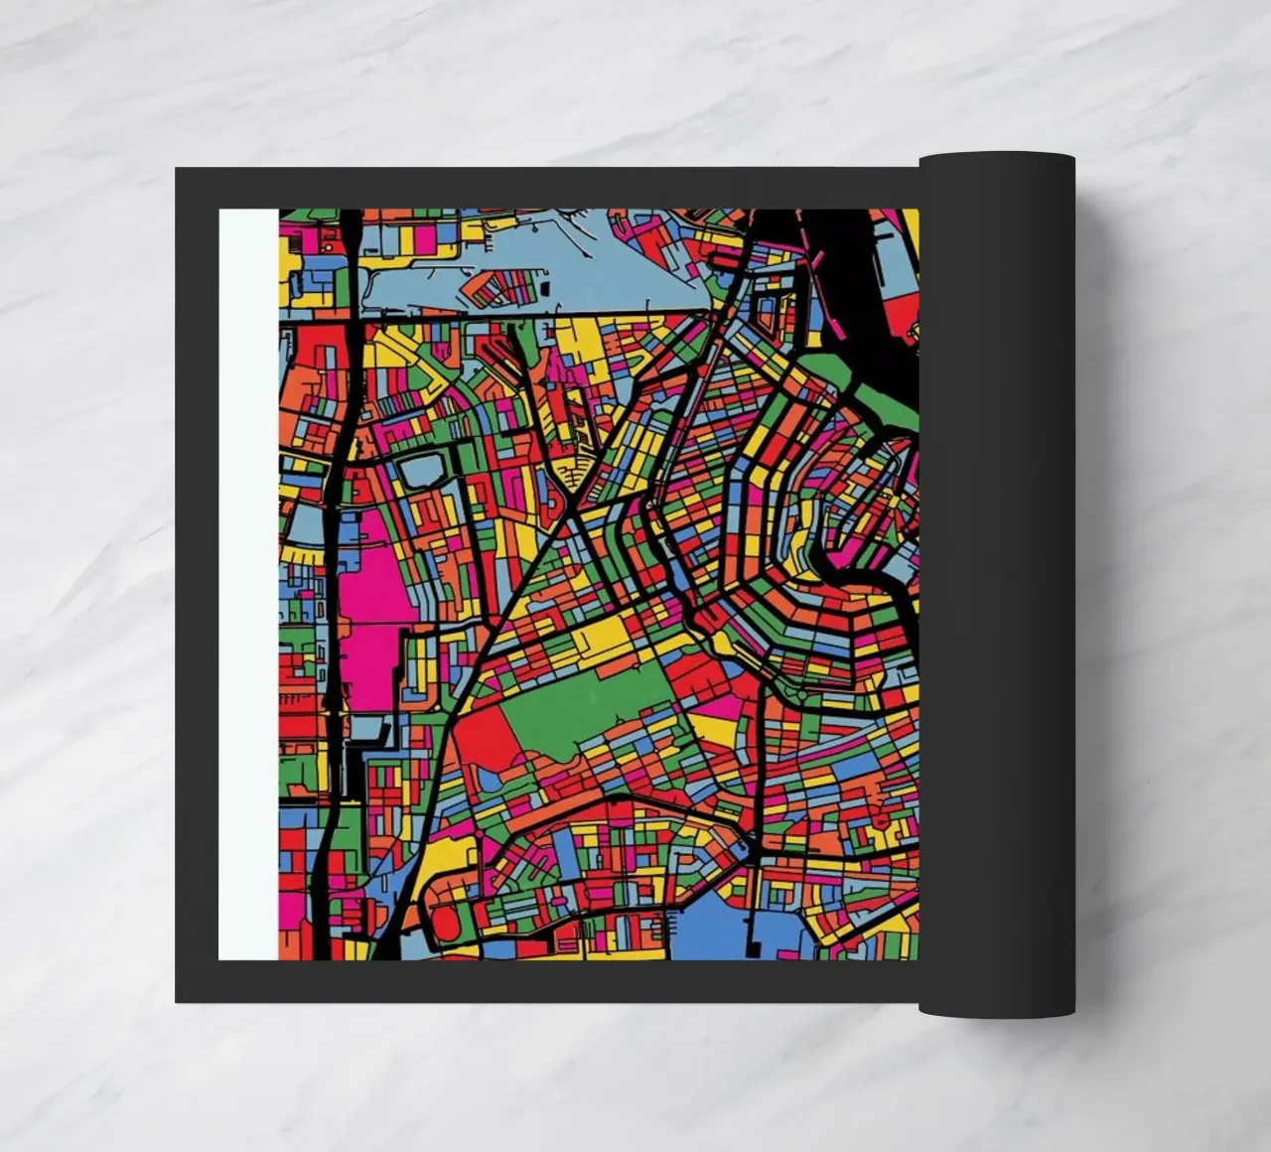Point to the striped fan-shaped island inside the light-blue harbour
point(496,288)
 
